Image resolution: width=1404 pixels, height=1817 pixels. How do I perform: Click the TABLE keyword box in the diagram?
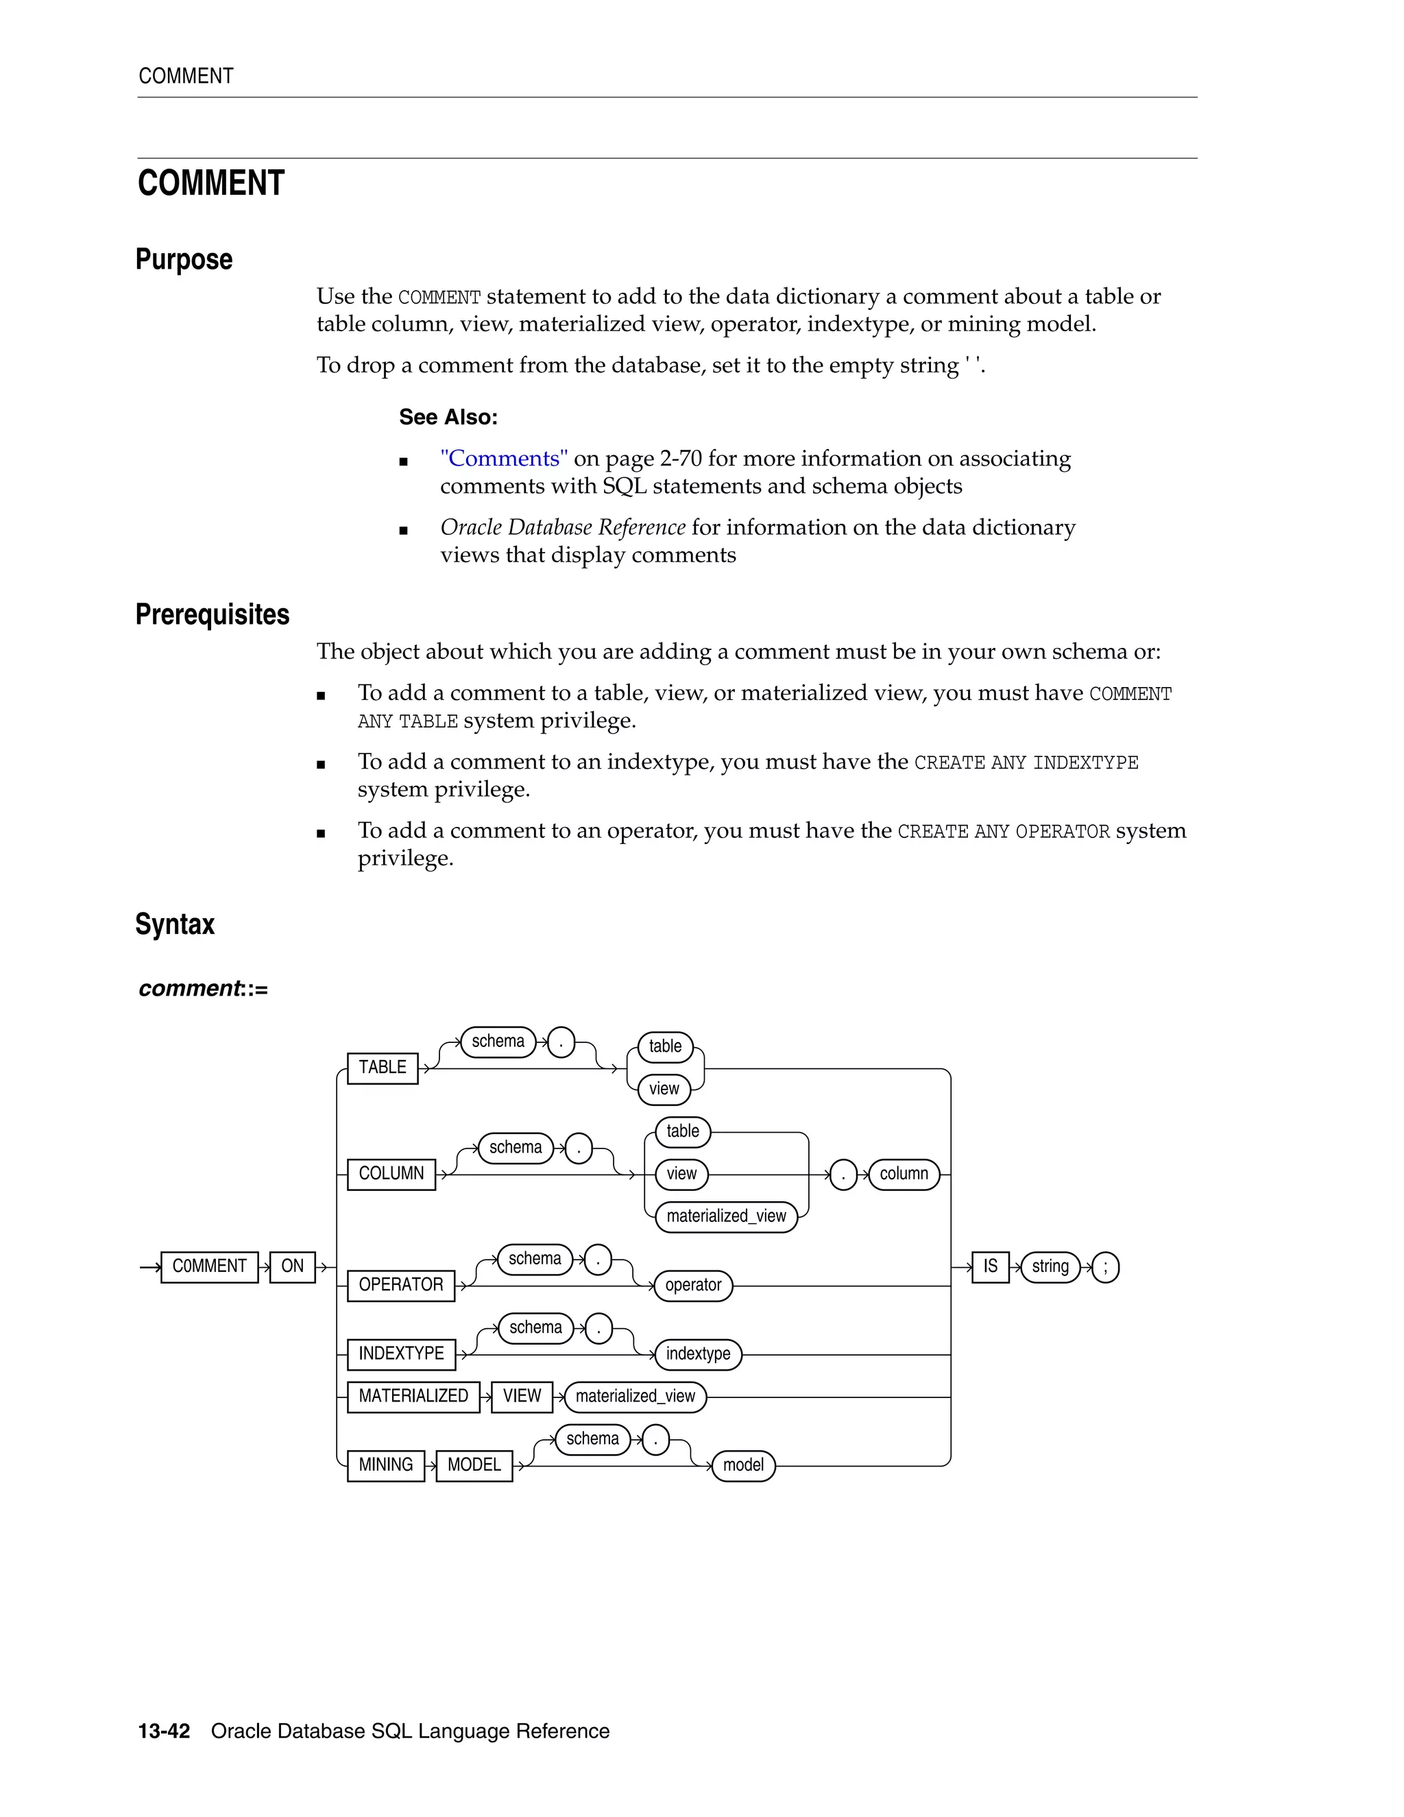[x=382, y=1068]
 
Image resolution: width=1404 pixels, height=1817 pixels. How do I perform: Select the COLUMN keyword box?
[x=391, y=1174]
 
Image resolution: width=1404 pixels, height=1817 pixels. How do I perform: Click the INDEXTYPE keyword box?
[x=401, y=1353]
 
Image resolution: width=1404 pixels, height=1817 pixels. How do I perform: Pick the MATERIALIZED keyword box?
[x=413, y=1396]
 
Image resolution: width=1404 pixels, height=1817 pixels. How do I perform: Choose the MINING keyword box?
[x=385, y=1465]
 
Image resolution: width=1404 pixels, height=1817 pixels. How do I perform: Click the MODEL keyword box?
[x=474, y=1465]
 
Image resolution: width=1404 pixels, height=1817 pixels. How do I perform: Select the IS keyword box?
[x=990, y=1266]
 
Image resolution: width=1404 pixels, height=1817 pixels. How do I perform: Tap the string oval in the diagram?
[x=1050, y=1266]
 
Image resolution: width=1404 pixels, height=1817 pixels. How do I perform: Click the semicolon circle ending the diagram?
[x=1104, y=1267]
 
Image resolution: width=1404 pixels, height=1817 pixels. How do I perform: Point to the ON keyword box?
[x=292, y=1266]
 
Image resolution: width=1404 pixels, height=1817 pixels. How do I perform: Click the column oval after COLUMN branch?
[x=904, y=1174]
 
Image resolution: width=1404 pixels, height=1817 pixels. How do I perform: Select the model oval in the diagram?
[x=742, y=1465]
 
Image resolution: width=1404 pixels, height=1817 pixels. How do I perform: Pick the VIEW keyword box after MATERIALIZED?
[x=522, y=1396]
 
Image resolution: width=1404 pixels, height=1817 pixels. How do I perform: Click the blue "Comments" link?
[x=504, y=459]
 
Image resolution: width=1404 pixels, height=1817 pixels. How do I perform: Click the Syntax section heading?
[x=175, y=924]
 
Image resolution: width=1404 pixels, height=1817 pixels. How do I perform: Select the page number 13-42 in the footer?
[x=164, y=1731]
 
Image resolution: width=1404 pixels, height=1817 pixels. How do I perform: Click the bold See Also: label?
[x=448, y=417]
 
